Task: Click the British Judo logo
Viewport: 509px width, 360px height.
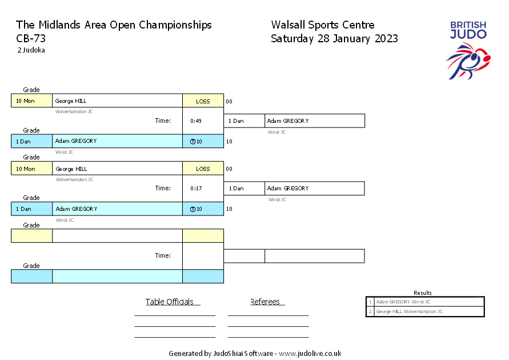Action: pyautogui.click(x=468, y=49)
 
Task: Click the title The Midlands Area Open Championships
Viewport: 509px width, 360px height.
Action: pyautogui.click(x=114, y=25)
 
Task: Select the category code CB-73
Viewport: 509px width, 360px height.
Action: pyautogui.click(x=31, y=39)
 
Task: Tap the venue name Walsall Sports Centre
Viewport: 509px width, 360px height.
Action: pyautogui.click(x=323, y=25)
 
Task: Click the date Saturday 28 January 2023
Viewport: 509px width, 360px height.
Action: pyautogui.click(x=334, y=39)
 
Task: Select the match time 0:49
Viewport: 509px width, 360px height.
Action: pyautogui.click(x=196, y=121)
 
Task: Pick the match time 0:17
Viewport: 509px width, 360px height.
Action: pyautogui.click(x=196, y=189)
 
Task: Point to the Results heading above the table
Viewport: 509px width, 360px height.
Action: pyautogui.click(x=423, y=293)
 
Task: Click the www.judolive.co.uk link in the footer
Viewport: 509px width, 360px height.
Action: pyautogui.click(x=310, y=354)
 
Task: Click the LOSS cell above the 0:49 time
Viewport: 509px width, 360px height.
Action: pyautogui.click(x=203, y=101)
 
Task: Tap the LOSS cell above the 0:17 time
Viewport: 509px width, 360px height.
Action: pyautogui.click(x=203, y=169)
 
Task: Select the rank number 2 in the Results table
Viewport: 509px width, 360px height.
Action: pyautogui.click(x=370, y=311)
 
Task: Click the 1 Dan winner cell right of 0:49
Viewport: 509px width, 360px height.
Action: pyautogui.click(x=244, y=121)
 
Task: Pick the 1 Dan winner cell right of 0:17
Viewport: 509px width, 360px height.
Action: pyautogui.click(x=244, y=189)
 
